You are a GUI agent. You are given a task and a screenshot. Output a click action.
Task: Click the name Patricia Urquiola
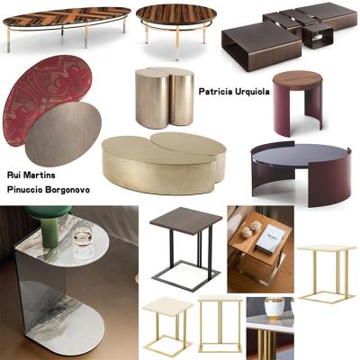234,92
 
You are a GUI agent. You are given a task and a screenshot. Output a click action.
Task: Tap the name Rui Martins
31,175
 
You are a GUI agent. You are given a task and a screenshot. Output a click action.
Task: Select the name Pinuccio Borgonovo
49,190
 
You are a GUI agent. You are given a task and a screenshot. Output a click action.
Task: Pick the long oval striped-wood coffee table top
67,17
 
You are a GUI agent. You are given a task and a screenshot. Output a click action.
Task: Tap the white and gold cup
274,307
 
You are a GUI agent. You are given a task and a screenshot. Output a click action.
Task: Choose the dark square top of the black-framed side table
185,220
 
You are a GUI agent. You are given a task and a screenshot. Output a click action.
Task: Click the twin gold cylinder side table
165,96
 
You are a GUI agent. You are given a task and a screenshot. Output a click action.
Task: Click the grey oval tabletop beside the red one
63,134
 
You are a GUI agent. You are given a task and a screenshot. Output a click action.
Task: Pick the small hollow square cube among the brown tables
317,36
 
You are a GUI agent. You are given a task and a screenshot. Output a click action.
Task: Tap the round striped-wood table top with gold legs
176,14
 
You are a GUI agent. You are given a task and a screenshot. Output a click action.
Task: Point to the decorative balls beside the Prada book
251,229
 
